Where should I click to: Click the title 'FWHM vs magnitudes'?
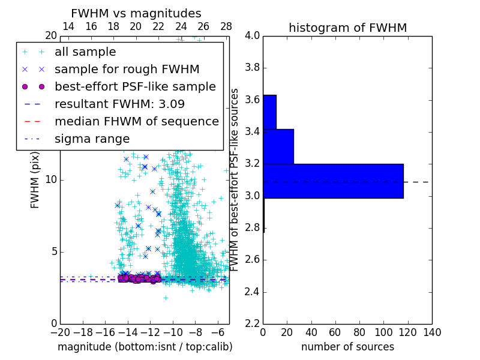coord(136,14)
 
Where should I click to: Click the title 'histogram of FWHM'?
coord(347,28)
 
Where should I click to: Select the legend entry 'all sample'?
coord(85,52)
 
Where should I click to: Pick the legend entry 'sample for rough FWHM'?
coord(127,69)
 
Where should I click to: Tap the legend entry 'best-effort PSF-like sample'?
coord(135,86)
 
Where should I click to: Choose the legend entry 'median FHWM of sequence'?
coord(136,121)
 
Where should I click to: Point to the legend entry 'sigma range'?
coord(92,139)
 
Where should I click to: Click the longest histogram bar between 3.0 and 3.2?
coord(333,181)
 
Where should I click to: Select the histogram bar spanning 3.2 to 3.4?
coord(278,146)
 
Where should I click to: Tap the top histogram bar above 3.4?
coord(269,112)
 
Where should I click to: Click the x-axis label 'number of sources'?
coord(347,347)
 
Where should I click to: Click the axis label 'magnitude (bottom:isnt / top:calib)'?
coord(145,347)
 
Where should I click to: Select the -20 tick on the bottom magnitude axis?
coord(60,332)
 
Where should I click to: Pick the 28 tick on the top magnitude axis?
coord(226,26)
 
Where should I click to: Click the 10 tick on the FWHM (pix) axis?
coord(51,180)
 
